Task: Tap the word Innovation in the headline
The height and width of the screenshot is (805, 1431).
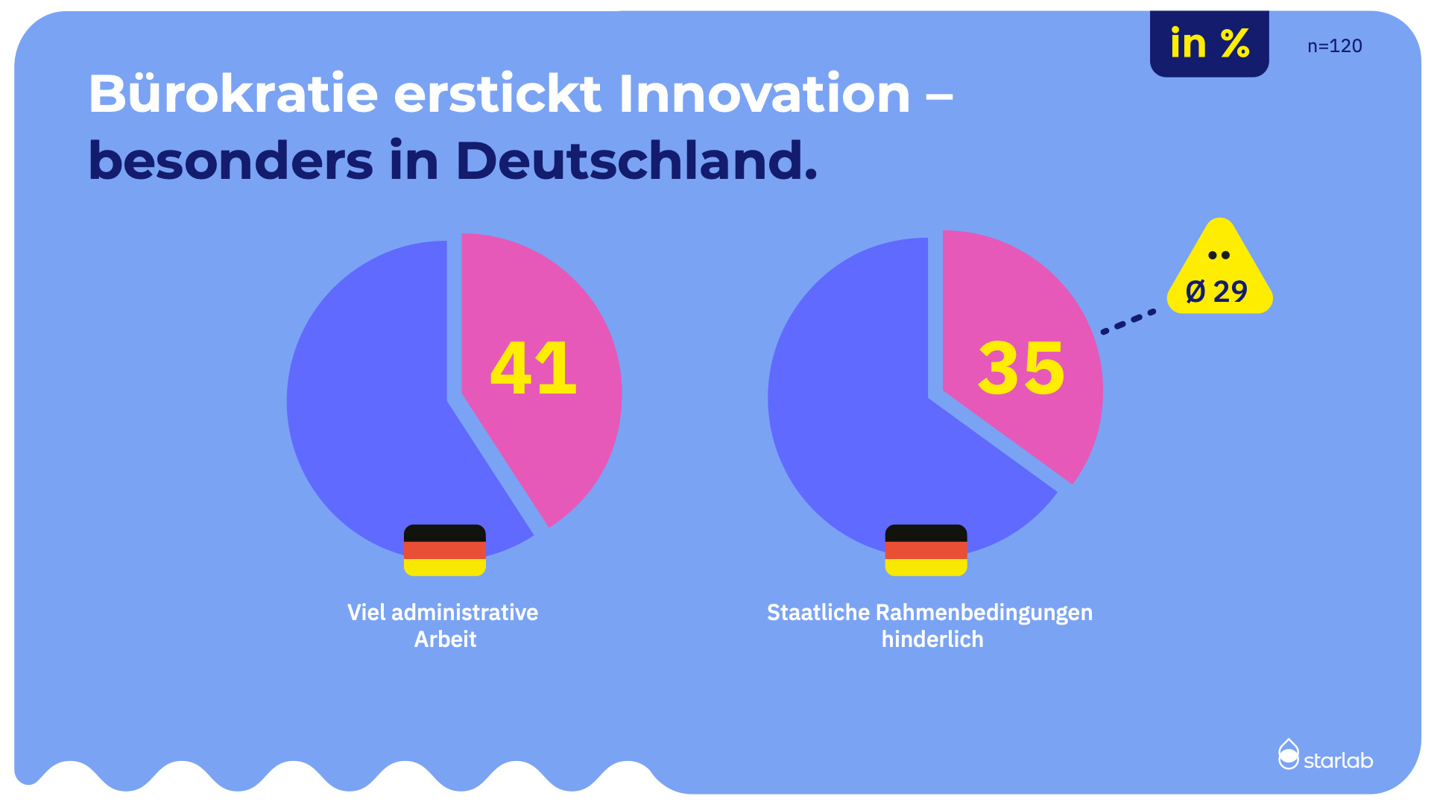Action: coord(764,95)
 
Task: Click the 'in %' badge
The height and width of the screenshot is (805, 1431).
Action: coord(1209,44)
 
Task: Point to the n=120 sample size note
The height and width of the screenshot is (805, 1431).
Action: coord(1334,46)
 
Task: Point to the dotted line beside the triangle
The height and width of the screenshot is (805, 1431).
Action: coord(1128,322)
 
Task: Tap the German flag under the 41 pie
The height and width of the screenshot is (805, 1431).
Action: coord(445,550)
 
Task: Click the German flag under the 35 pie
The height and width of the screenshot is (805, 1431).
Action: coord(926,550)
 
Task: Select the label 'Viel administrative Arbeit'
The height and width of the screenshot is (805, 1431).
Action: coord(443,625)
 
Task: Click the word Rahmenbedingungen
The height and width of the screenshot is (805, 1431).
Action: coord(983,613)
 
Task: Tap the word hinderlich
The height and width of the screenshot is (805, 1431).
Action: coord(932,640)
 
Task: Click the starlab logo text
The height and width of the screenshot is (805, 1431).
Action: coord(1338,760)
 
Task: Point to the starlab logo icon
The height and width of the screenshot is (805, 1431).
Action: coord(1288,754)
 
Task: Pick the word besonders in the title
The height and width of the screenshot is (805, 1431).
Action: coord(230,161)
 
